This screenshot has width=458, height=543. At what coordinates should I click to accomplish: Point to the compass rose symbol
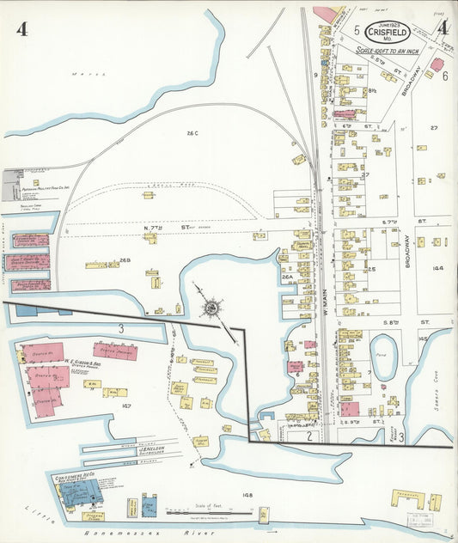(211, 307)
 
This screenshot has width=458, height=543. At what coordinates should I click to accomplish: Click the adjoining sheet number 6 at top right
(445, 76)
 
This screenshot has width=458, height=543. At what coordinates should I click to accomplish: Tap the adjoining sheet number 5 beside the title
(356, 30)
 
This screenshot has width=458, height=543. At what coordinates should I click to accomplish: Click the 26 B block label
(125, 260)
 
